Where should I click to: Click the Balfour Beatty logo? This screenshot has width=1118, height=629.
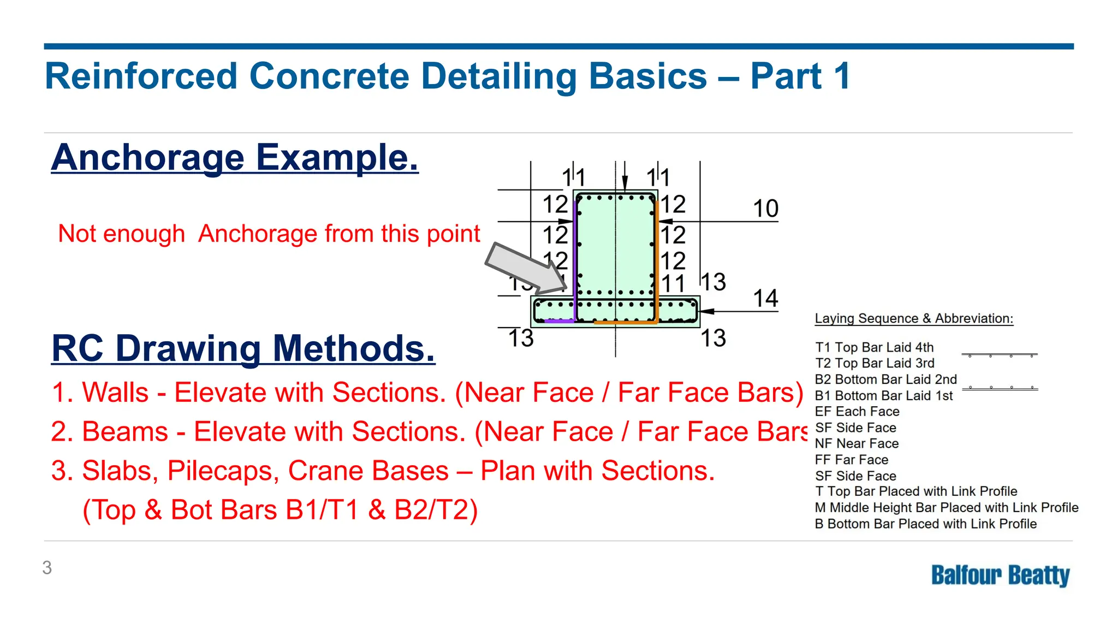click(1000, 575)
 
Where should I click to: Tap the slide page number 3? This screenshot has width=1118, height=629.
click(47, 568)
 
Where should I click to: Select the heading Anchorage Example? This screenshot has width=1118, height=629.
click(235, 157)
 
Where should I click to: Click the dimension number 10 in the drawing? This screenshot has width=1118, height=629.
click(765, 209)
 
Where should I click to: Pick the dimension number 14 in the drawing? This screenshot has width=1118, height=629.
click(765, 299)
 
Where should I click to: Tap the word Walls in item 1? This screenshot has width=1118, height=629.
click(115, 392)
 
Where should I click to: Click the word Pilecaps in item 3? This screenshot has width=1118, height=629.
click(223, 471)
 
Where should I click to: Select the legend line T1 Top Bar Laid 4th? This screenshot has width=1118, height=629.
click(874, 347)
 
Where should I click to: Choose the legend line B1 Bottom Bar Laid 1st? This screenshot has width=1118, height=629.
click(883, 395)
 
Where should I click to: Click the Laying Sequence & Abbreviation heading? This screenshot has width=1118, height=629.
click(914, 318)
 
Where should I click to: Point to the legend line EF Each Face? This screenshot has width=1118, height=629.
click(857, 411)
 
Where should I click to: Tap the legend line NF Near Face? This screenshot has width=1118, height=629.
click(857, 443)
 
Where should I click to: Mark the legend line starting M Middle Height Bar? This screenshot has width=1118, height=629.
click(946, 507)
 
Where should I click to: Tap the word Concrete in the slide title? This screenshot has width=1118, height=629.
click(329, 76)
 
